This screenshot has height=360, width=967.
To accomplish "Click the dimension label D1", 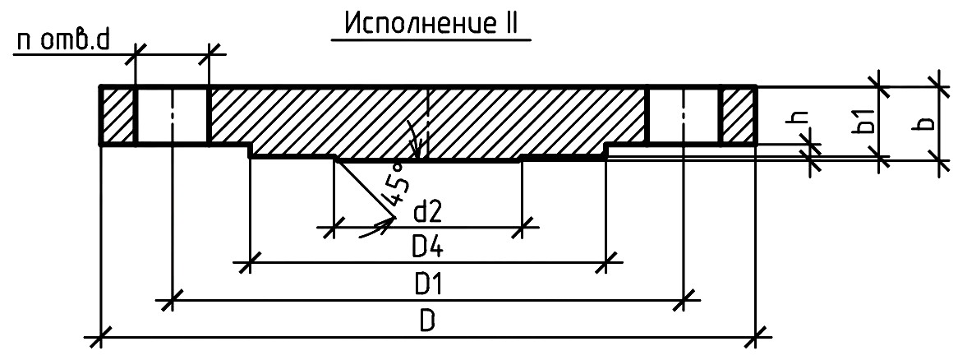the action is tap(429, 285).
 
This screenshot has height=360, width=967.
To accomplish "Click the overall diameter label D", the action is tap(428, 322).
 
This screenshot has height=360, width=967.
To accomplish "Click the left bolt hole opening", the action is tap(172, 116).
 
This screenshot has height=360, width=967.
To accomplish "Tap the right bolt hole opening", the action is tap(683, 116).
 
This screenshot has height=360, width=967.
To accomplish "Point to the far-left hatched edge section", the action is tap(117, 116).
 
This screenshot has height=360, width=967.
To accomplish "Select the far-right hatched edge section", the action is tap(739, 116).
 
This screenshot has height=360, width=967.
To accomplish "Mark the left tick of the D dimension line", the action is tap(100, 337).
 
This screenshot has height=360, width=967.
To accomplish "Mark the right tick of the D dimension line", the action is tap(756, 337).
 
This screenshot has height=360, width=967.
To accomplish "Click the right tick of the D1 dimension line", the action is tap(683, 301).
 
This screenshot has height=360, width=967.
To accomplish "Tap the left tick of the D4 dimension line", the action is tap(249, 263).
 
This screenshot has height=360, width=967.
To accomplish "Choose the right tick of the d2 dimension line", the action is tap(522, 227).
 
